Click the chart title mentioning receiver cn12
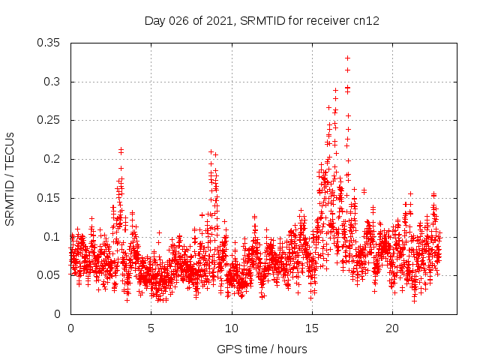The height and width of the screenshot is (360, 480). (261, 20)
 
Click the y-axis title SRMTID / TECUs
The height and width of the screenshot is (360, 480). (10, 179)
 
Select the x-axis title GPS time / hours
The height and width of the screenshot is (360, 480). (261, 349)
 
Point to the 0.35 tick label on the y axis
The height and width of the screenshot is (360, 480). (50, 43)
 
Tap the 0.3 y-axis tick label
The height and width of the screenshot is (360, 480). (53, 82)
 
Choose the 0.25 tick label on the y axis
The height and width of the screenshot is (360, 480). (50, 121)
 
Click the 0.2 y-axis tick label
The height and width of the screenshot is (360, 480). (53, 159)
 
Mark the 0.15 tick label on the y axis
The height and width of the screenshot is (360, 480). (50, 198)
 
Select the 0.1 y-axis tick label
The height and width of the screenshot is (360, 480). (53, 237)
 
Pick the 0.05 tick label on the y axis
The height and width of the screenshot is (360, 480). (50, 275)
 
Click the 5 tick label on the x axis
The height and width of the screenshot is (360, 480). (151, 328)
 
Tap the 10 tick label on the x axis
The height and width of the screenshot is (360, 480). (231, 328)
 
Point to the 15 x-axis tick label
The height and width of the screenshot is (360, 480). (311, 328)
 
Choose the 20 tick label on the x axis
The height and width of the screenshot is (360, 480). (391, 328)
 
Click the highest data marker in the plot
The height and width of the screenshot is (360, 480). (347, 58)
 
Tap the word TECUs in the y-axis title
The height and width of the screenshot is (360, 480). (10, 148)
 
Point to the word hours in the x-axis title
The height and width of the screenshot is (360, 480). (290, 349)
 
